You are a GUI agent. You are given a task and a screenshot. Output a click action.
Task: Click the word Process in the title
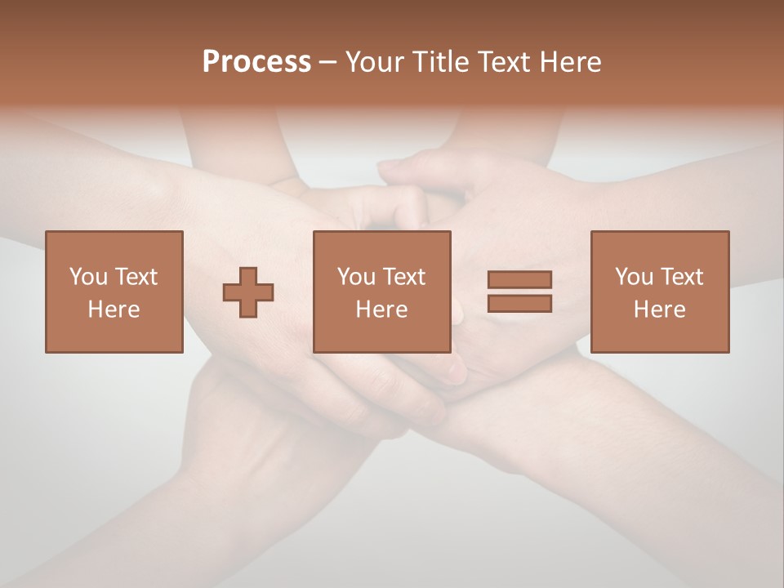click(256, 62)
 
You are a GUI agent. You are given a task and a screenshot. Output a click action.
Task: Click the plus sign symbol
click(248, 292)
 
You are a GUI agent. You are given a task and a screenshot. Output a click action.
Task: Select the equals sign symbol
click(519, 292)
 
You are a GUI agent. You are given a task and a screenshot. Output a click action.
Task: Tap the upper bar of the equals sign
click(519, 280)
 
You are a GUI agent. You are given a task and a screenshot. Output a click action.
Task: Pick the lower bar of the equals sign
click(519, 303)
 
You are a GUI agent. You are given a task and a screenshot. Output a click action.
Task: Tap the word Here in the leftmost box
click(114, 310)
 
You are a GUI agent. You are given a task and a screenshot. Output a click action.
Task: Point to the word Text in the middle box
click(404, 277)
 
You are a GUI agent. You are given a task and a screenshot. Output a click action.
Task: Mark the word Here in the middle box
click(382, 310)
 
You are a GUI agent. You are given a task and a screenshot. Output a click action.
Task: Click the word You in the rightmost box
click(635, 277)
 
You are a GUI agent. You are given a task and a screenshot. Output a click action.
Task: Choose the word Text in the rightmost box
click(682, 277)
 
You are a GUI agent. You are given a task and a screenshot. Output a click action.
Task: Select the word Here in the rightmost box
click(660, 310)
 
